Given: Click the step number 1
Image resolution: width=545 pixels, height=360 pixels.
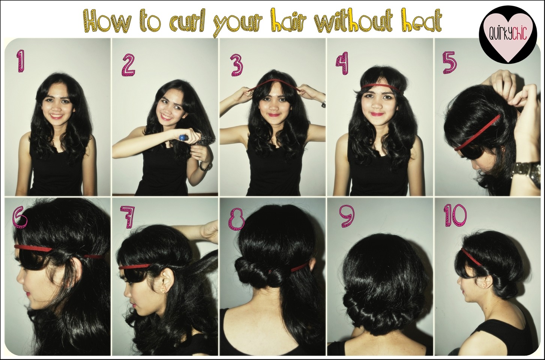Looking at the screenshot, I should point(19,61).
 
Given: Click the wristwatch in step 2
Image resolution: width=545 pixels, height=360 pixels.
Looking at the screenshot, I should point(204,166).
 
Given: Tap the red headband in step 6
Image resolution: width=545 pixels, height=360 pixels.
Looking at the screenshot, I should point(41,248).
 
